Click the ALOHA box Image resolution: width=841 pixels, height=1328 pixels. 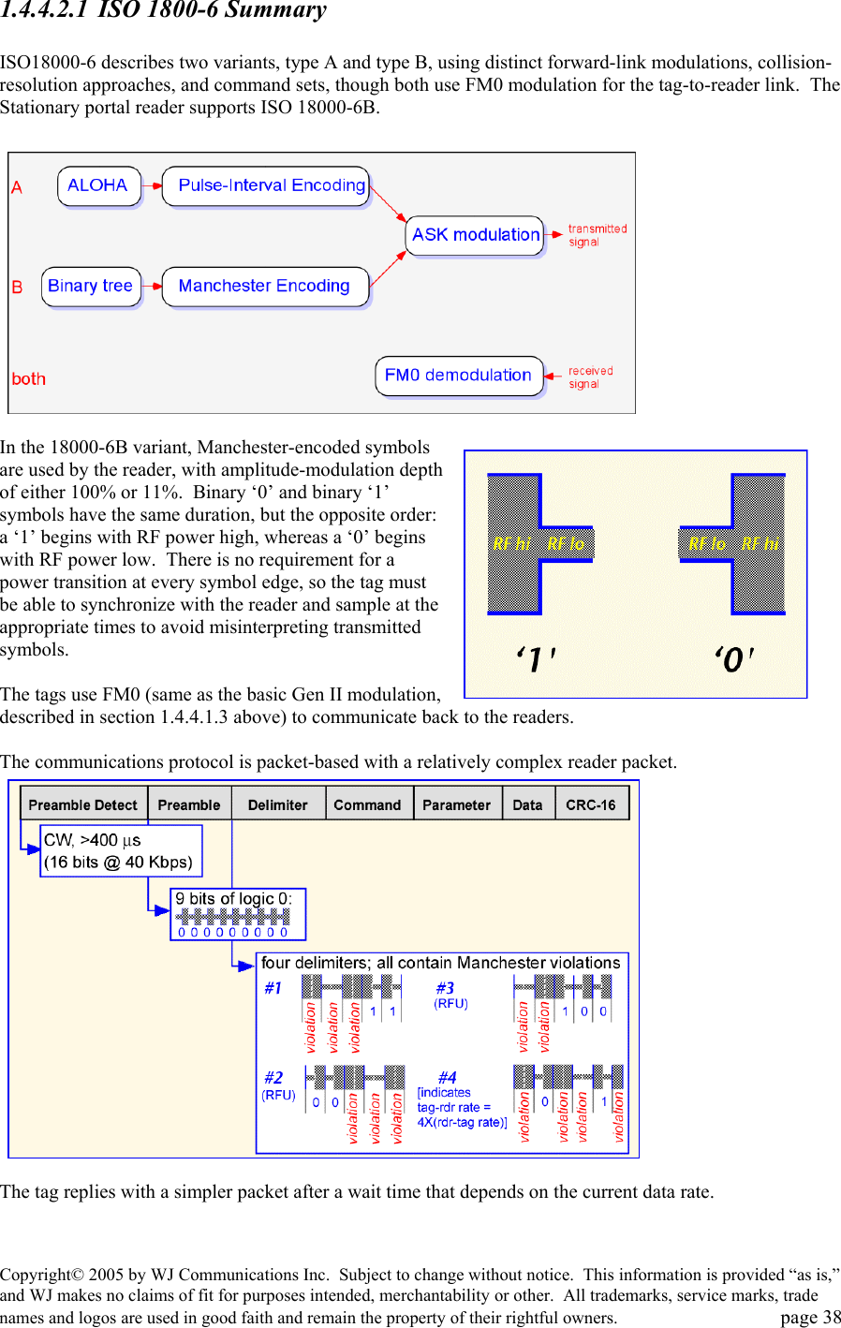click(x=98, y=185)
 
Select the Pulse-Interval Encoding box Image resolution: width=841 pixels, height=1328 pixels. click(x=266, y=185)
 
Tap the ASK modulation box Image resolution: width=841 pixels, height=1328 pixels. click(x=476, y=235)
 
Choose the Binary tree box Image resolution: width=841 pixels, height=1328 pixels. click(x=90, y=286)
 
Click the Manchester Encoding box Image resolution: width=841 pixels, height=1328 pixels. click(x=265, y=286)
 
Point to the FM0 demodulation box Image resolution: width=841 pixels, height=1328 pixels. click(x=458, y=376)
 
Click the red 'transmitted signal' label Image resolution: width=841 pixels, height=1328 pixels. click(x=597, y=235)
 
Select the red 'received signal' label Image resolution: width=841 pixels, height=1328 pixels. click(x=590, y=377)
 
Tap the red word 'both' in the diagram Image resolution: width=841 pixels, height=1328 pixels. click(x=28, y=379)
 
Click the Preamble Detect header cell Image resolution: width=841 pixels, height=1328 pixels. click(x=83, y=804)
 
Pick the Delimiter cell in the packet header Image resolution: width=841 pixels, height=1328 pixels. click(x=278, y=804)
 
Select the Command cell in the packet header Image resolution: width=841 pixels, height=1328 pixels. click(x=367, y=804)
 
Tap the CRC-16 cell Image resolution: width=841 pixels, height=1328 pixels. click(x=591, y=804)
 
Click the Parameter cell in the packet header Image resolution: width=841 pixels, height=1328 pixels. click(x=456, y=804)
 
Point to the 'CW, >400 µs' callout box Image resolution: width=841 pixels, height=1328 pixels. click(x=121, y=850)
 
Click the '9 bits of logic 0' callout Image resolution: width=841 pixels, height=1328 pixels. click(x=238, y=913)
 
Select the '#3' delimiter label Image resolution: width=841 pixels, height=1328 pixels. click(x=445, y=988)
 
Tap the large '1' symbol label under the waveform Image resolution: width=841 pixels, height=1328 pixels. click(x=536, y=660)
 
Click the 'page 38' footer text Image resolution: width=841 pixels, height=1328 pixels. click(x=810, y=1317)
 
